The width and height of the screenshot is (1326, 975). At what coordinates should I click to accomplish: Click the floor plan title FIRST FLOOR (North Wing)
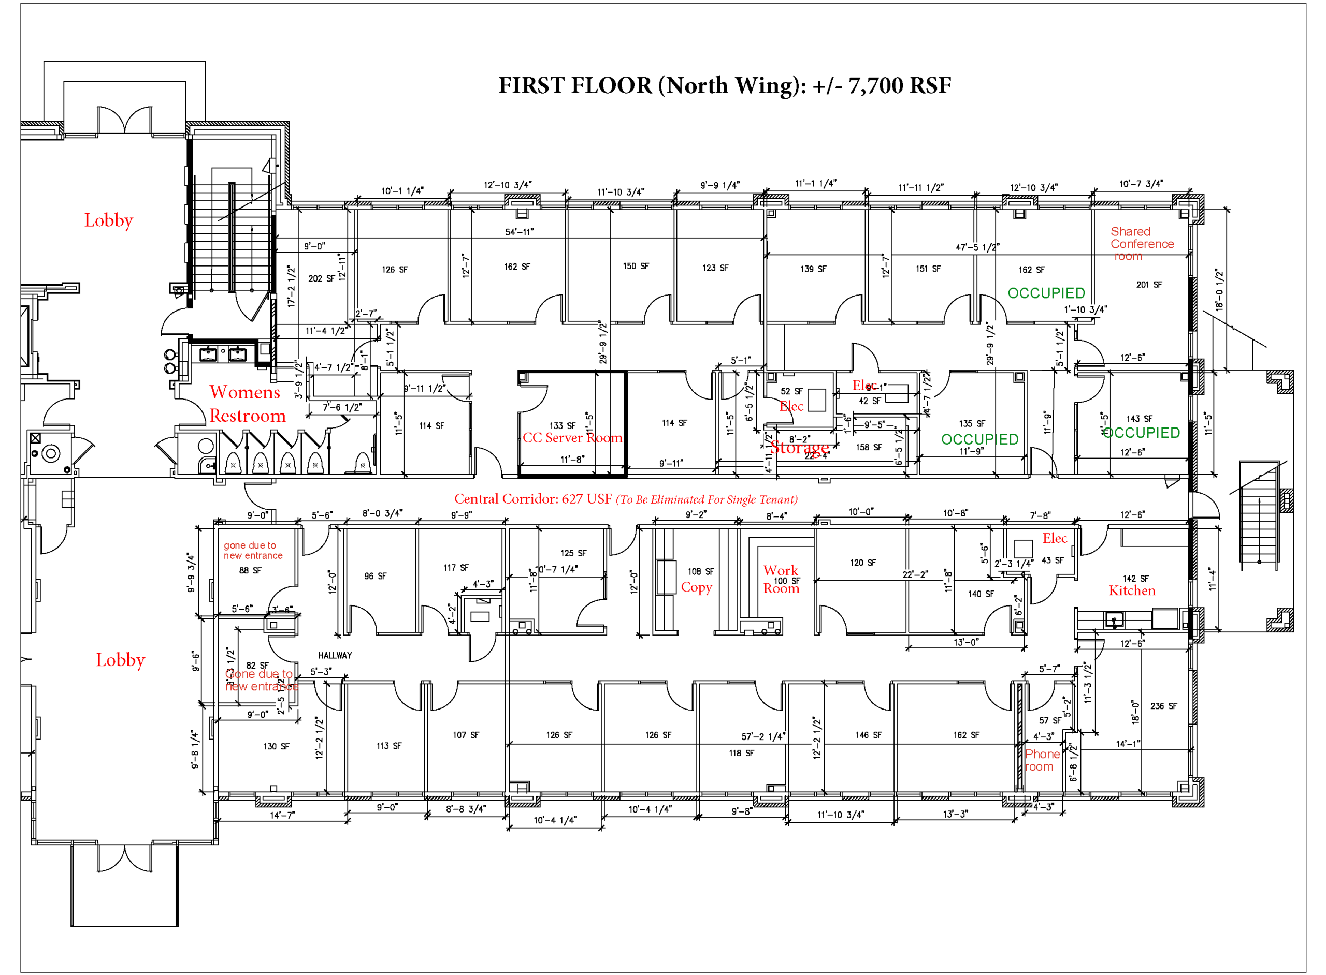724,85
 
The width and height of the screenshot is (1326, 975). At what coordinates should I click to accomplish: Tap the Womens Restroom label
247,404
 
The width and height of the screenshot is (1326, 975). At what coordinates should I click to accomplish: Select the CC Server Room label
572,437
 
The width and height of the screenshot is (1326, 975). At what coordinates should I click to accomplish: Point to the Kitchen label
1131,591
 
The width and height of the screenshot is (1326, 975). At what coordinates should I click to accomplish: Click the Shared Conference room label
1141,244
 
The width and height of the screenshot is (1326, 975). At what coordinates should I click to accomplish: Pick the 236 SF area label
1163,706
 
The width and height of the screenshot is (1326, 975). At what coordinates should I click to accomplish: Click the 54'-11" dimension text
518,232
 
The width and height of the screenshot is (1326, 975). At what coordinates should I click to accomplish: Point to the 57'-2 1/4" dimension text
762,736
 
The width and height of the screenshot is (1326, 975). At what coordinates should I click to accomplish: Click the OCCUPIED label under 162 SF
1045,293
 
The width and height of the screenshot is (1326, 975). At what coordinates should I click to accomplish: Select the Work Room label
780,579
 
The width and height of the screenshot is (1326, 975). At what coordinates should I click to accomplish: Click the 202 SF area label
321,278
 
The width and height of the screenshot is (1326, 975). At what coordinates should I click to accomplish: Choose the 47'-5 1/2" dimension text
977,247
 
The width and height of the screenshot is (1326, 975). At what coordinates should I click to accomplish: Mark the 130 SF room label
276,747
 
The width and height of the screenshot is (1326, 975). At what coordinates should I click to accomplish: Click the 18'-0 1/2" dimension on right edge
1219,289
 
